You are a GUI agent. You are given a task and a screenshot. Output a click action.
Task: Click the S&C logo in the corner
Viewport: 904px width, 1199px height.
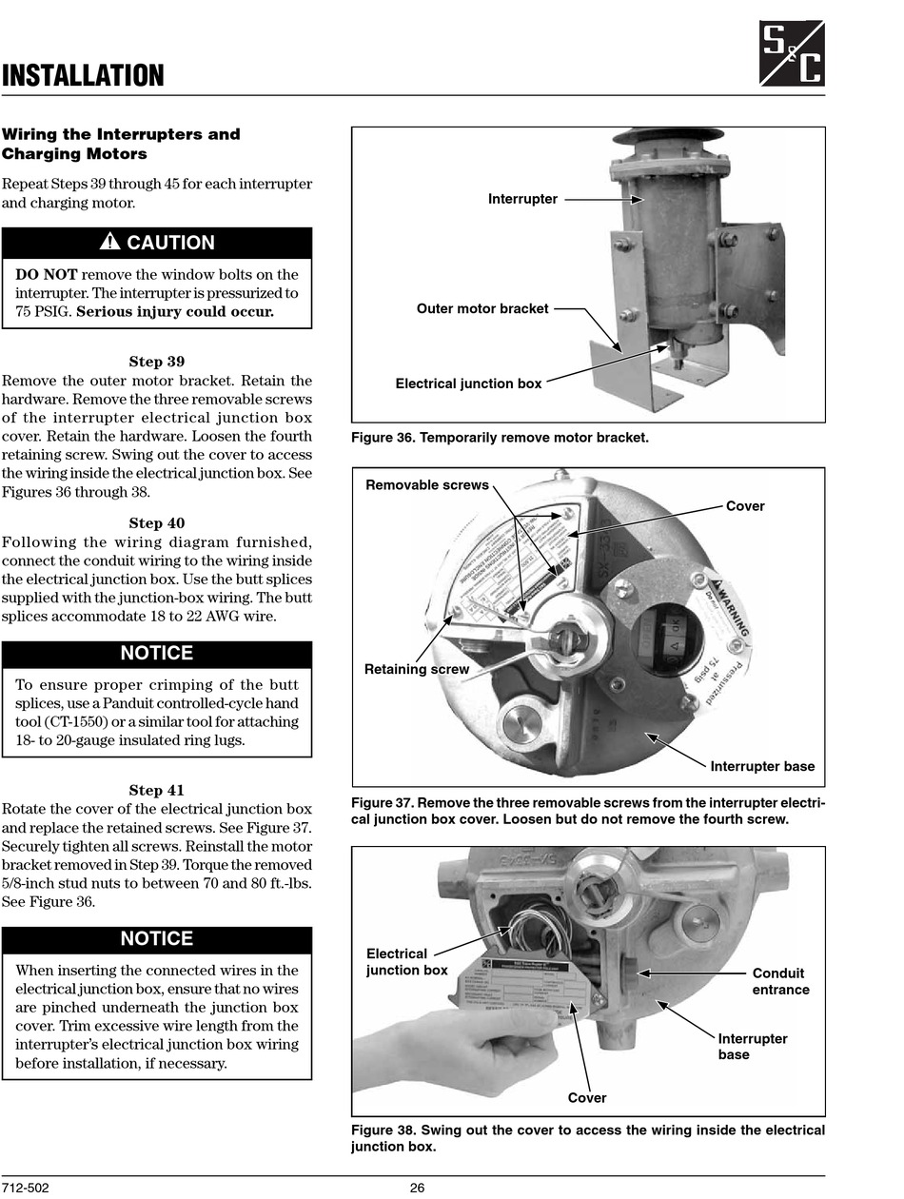[x=792, y=53]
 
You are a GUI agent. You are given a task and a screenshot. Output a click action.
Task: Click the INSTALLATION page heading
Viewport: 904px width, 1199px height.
[x=83, y=76]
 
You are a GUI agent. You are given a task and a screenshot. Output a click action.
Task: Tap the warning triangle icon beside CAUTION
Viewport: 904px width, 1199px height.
[x=110, y=243]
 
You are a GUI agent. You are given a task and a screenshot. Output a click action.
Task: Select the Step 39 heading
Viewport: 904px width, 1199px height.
[x=157, y=362]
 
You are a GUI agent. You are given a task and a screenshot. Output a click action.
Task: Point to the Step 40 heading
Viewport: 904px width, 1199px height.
[x=157, y=523]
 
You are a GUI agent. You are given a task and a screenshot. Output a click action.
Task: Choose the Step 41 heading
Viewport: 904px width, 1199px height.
[x=157, y=790]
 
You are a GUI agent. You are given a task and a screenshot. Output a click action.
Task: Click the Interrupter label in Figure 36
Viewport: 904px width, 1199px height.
[x=522, y=199]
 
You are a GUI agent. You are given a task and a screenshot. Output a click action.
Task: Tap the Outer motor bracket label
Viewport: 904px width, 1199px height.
[x=482, y=308]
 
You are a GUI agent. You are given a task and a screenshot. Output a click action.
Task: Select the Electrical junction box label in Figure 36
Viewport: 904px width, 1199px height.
[x=468, y=383]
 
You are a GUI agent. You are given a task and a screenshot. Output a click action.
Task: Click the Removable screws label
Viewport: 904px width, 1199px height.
[x=427, y=485]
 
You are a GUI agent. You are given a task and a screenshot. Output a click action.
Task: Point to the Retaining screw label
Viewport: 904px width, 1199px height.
[x=417, y=669]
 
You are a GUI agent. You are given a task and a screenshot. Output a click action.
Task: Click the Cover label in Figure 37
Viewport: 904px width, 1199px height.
[x=745, y=506]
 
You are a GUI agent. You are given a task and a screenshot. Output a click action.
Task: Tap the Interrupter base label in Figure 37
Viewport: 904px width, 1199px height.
[x=762, y=766]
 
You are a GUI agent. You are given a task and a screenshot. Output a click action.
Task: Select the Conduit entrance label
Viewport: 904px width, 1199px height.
[x=780, y=981]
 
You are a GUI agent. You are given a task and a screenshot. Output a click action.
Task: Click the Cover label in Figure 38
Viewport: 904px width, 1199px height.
[x=587, y=1097]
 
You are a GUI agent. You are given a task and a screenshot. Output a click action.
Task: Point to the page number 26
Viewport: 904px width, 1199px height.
[x=417, y=1188]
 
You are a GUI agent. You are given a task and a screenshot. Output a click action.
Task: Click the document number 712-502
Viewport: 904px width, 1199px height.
[x=26, y=1188]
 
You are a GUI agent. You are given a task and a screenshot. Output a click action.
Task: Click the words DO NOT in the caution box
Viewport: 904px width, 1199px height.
[x=46, y=275]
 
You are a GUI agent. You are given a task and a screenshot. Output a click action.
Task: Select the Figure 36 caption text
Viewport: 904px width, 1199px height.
[x=500, y=438]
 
